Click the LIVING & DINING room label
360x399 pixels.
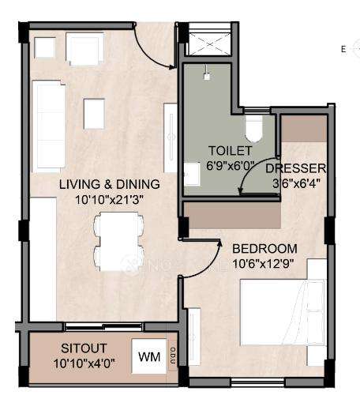(x=110, y=184)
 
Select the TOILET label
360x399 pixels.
(x=230, y=150)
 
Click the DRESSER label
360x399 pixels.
(x=296, y=169)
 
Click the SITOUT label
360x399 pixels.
(x=84, y=348)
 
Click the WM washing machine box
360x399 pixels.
(x=148, y=356)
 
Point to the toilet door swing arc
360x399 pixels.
(x=259, y=175)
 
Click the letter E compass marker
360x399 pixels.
(x=343, y=49)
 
